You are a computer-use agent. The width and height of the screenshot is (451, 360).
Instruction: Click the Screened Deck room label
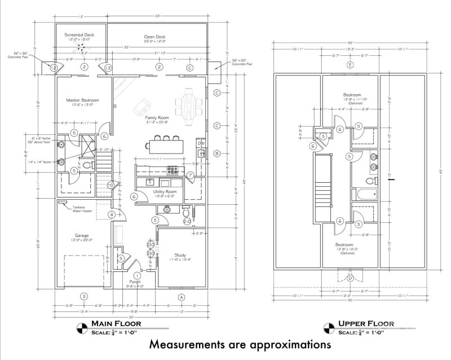(x=79, y=35)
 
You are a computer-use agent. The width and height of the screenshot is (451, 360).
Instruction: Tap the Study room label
(x=180, y=255)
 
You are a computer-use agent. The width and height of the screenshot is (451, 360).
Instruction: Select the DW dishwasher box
(x=200, y=143)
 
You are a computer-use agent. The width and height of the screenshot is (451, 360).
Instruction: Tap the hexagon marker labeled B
(x=216, y=153)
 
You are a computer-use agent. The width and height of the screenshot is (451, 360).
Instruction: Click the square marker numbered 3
(x=83, y=296)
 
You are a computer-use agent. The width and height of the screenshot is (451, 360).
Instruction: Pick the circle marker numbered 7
(x=191, y=175)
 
